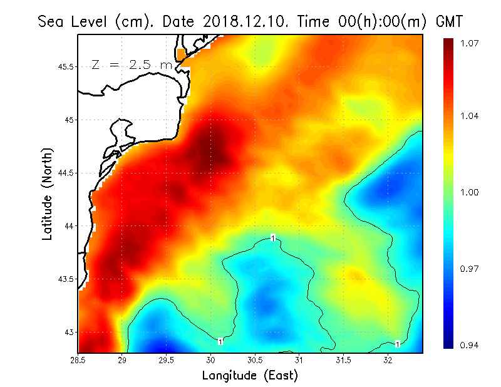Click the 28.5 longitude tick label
click(78, 360)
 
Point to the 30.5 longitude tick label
click(255, 360)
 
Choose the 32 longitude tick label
click(388, 360)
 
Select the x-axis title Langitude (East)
click(250, 376)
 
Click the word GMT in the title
click(448, 21)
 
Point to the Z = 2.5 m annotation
click(132, 64)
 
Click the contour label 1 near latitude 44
click(273, 238)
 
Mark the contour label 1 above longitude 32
click(398, 344)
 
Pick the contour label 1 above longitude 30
click(220, 341)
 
